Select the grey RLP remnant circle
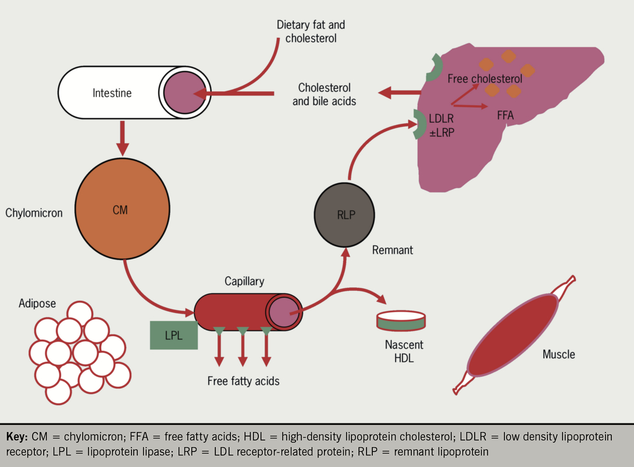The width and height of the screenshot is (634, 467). tap(346, 215)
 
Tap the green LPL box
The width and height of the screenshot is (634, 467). tap(173, 336)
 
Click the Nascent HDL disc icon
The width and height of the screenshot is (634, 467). tap(401, 318)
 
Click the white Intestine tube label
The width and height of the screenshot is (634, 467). tap(112, 92)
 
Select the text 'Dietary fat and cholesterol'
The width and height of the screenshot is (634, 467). tap(311, 32)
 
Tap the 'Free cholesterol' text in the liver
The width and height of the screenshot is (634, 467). tap(485, 79)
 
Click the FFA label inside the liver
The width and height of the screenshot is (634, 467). tap(505, 115)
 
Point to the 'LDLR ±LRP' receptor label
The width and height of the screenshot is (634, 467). tap(443, 124)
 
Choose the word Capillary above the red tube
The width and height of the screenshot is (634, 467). tap(244, 281)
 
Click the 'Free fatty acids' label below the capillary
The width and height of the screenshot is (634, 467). tap(243, 382)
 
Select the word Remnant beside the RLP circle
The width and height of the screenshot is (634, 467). tap(393, 250)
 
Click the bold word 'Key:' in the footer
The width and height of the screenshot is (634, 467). tap(19, 436)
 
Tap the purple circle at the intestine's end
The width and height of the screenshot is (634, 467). tap(183, 93)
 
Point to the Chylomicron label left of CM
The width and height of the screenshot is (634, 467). tap(34, 213)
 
